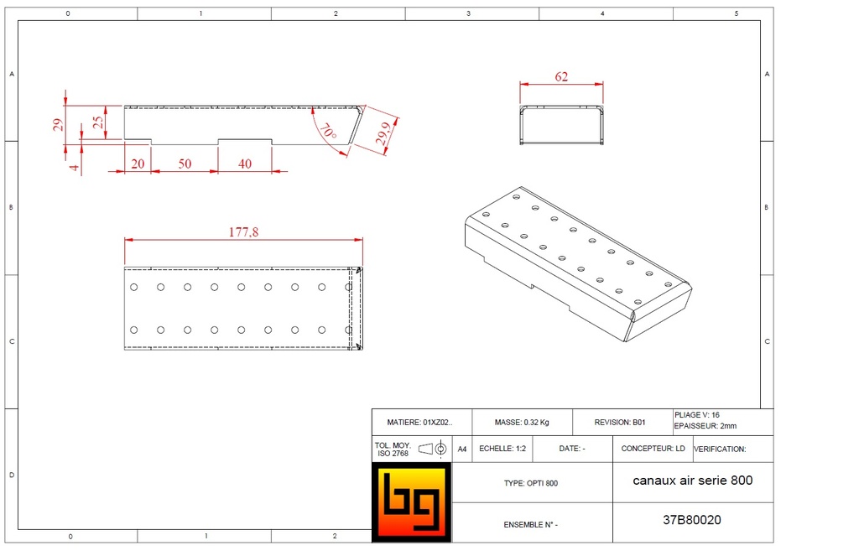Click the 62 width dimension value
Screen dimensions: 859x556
[561, 76]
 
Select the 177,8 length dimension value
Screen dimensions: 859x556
[243, 232]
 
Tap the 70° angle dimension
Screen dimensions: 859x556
[328, 132]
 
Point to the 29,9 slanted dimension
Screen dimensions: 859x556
[383, 133]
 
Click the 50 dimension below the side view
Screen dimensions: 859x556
[185, 164]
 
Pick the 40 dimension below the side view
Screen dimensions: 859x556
[245, 164]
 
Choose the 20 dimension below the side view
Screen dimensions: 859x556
[138, 164]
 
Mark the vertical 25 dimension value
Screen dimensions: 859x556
[98, 122]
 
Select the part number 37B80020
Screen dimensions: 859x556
[692, 520]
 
